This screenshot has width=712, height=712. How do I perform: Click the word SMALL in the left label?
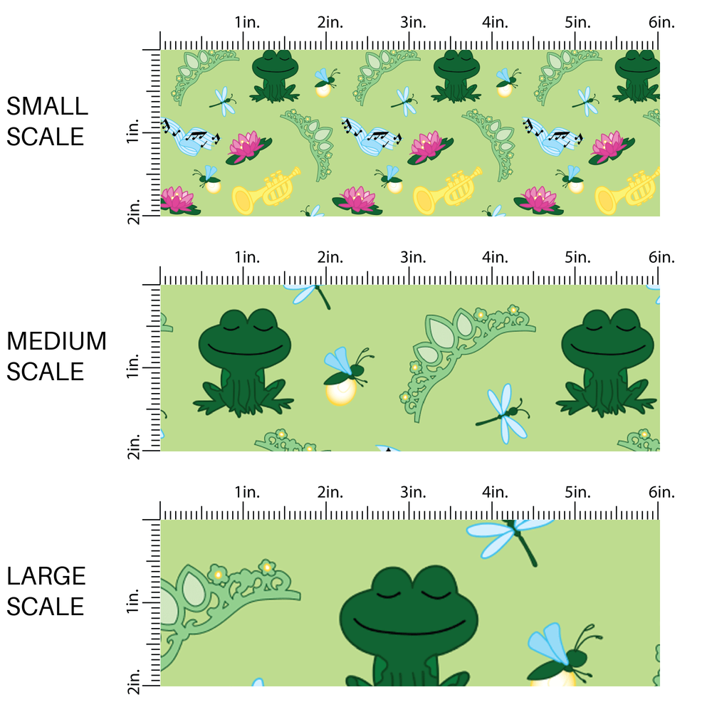click(x=47, y=107)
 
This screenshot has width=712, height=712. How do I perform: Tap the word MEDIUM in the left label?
click(x=56, y=342)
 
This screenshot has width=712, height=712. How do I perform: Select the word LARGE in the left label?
click(x=47, y=577)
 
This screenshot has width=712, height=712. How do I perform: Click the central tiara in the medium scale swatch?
click(x=463, y=349)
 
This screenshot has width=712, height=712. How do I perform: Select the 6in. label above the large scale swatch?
click(x=661, y=493)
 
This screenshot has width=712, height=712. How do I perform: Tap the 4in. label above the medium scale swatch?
click(x=496, y=257)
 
